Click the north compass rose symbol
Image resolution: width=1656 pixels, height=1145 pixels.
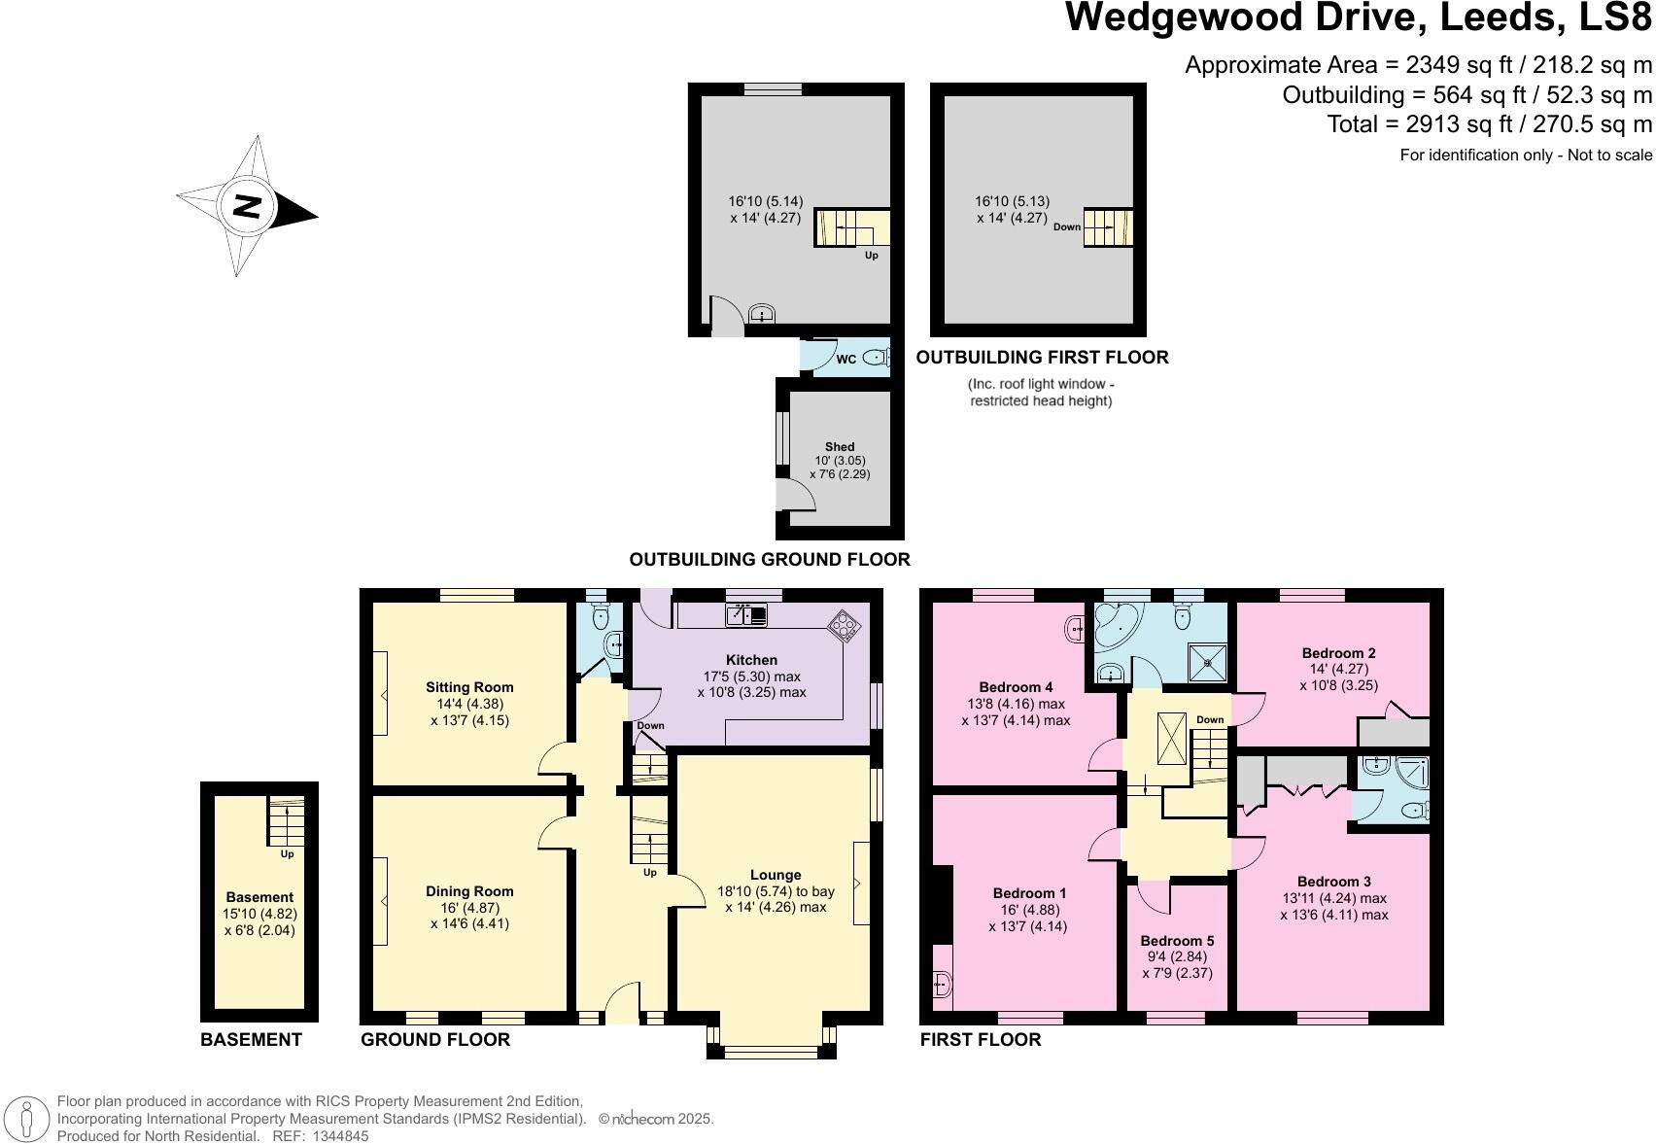point(247,206)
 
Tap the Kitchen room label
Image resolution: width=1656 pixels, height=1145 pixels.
point(751,660)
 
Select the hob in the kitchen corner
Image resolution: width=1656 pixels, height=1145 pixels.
point(843,626)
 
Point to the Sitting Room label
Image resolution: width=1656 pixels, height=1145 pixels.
point(469,687)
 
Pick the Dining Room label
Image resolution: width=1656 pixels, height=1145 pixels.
point(469,890)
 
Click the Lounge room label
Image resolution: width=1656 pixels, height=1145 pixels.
point(775,874)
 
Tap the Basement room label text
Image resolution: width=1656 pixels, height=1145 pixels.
point(259,897)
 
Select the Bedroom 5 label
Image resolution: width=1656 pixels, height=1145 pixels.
point(1177,940)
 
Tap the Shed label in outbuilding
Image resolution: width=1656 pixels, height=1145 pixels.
point(839,447)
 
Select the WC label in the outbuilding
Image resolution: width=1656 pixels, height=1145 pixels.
point(845,360)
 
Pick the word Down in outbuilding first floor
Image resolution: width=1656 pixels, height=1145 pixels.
point(1066,227)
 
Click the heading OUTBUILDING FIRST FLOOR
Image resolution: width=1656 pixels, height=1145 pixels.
point(1042,357)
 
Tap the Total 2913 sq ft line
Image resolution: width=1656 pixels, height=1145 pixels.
point(1489,124)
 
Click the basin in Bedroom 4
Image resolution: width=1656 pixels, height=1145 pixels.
point(1076,630)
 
